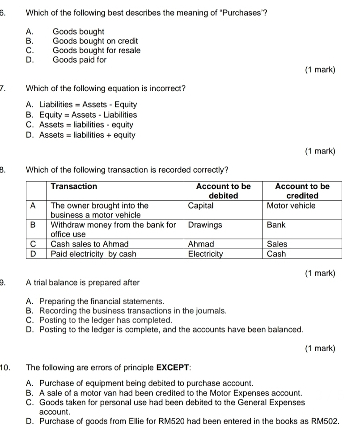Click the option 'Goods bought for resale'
(96, 51)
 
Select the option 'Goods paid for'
(80, 60)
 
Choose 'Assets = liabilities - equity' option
(86, 125)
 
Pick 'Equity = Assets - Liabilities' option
(88, 115)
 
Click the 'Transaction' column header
(74, 187)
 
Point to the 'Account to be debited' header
(223, 191)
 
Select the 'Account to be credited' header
(302, 191)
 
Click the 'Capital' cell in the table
(200, 206)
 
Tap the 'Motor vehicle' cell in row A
(291, 206)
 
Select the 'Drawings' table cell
(205, 225)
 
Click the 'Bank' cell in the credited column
(276, 225)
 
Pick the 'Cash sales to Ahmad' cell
(89, 244)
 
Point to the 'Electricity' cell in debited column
(206, 254)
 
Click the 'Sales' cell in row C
(277, 244)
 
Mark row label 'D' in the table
(33, 254)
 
